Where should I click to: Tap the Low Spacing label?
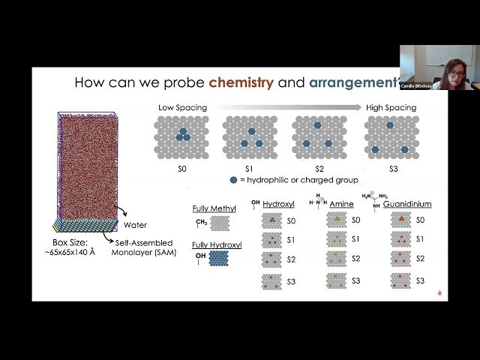[x=182, y=108]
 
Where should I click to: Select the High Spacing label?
[x=391, y=108]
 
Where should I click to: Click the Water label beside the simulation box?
[x=135, y=224]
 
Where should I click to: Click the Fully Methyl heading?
[x=214, y=208]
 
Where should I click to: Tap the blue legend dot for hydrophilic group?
[x=234, y=180]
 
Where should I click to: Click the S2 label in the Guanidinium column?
[x=420, y=259]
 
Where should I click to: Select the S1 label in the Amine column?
[x=355, y=239]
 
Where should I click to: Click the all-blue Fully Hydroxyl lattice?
[x=220, y=258]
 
